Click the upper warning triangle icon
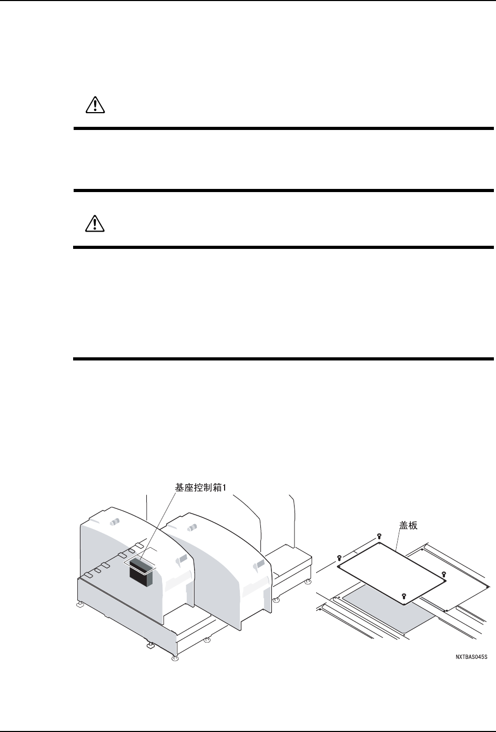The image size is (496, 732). [95, 106]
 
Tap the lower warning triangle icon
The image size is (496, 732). [95, 224]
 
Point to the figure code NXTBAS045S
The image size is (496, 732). [472, 657]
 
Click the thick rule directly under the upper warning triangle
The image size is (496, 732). [283, 128]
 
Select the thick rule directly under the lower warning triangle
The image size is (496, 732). [283, 246]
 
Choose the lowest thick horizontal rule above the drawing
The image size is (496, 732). [283, 359]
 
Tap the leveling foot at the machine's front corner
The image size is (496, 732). [175, 658]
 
